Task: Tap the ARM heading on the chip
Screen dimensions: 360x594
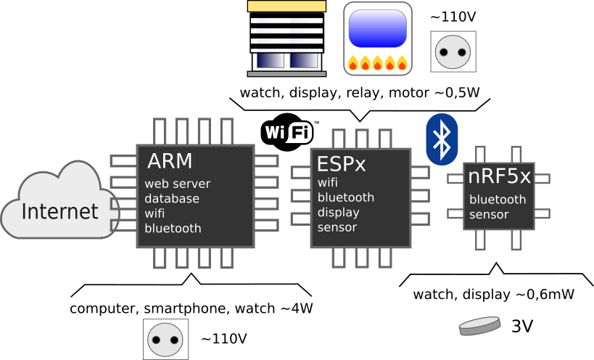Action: point(170,160)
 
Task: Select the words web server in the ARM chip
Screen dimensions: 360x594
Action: point(177,184)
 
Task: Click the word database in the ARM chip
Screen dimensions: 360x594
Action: point(171,198)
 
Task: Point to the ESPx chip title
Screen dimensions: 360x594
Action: point(341,164)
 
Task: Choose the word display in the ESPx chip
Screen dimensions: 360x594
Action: point(338,213)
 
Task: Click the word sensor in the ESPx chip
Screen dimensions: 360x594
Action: point(337,227)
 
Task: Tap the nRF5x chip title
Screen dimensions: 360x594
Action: point(499,176)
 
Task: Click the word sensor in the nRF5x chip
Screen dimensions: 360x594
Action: point(488,214)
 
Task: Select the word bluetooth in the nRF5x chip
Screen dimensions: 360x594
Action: point(497,199)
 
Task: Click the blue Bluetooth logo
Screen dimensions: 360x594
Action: point(441,139)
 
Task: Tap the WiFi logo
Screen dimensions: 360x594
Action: point(289,132)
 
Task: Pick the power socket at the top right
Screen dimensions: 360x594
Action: point(453,52)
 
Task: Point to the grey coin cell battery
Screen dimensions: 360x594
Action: point(479,326)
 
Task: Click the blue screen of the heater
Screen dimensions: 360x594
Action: point(377,28)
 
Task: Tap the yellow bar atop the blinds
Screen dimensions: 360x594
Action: point(286,7)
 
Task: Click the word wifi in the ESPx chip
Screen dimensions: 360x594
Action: point(328,182)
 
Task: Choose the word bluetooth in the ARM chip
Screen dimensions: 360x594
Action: point(173,228)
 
